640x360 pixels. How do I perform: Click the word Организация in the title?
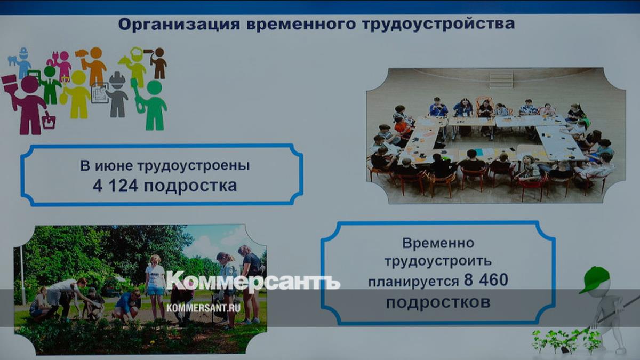[x=179, y=25]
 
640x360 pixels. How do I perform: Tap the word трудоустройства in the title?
[x=438, y=24]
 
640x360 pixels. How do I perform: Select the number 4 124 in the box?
[x=115, y=186]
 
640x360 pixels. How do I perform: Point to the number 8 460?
[x=486, y=279]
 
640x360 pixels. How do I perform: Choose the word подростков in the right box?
[x=438, y=302]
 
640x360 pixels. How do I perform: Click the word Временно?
[x=438, y=243]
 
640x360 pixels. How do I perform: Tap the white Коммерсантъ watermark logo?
[x=253, y=281]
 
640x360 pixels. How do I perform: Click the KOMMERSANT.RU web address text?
[x=203, y=308]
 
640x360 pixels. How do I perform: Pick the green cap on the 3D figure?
[x=595, y=279]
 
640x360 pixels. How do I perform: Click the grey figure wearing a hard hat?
[x=117, y=94]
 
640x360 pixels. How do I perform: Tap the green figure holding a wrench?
[x=151, y=105]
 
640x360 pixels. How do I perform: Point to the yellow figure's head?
[x=78, y=77]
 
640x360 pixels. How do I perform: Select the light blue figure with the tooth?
[x=21, y=63]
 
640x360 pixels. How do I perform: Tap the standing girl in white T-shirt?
[x=155, y=286]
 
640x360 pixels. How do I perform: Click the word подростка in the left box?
[x=190, y=186]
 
